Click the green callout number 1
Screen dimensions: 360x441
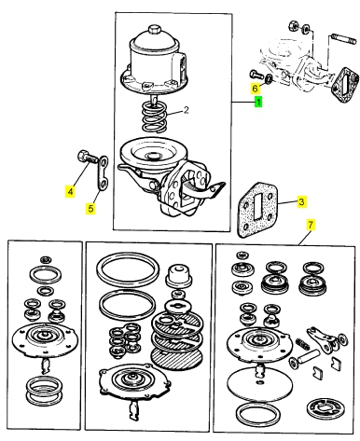258,102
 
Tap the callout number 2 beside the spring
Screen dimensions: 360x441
186,110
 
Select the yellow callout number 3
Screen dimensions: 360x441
301,202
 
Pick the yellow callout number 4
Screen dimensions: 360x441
70,191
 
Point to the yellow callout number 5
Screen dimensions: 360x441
90,208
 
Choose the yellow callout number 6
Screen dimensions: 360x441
255,89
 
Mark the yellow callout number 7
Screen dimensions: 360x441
311,225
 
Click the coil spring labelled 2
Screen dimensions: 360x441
154,117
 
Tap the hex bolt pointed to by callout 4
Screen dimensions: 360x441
87,157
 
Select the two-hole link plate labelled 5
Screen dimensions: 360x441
103,172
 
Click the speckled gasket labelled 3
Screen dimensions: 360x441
257,211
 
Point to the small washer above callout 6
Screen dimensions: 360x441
269,78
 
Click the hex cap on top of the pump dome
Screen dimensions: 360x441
154,30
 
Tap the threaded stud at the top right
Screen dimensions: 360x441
344,38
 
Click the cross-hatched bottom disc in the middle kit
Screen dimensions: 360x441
176,358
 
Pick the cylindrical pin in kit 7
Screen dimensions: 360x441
309,357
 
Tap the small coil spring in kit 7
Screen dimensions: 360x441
300,342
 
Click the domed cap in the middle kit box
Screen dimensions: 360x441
179,275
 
